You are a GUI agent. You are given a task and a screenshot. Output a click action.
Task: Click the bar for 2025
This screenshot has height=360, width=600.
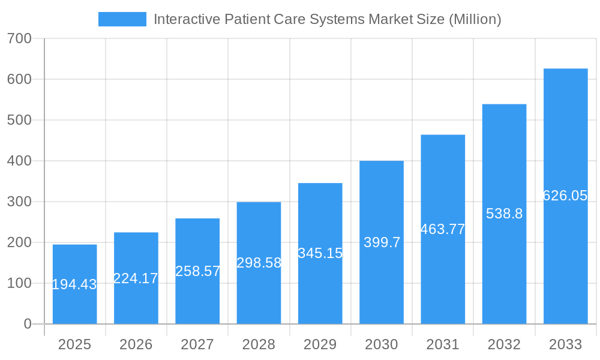coord(74,284)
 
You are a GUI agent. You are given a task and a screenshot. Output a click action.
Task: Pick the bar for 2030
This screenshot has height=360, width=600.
coord(382,242)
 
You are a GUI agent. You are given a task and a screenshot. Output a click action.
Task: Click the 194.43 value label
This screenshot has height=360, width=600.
coord(74,285)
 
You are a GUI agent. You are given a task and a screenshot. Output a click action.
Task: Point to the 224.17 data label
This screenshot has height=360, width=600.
coord(136,278)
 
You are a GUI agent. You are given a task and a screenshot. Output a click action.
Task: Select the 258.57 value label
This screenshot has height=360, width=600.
coord(197,271)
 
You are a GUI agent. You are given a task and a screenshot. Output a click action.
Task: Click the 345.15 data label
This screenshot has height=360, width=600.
coord(320,253)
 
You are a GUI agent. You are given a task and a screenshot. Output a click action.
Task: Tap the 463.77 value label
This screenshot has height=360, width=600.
coord(443,229)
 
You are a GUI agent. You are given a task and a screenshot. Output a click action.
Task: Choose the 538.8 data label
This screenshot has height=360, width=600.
coord(504,214)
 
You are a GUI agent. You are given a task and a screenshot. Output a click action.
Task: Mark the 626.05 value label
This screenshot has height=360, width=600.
coord(565,196)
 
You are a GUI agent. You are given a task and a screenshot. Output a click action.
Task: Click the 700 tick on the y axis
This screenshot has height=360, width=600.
coord(19,38)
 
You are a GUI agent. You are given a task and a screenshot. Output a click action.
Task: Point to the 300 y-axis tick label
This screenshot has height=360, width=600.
coord(19,202)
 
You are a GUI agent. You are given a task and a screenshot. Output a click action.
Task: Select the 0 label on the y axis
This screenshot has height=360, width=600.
coord(27,324)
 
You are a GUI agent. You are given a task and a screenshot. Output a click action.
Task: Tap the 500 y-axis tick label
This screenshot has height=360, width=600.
coord(19,120)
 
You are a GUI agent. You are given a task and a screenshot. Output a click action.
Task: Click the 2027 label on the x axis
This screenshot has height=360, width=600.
coord(197,344)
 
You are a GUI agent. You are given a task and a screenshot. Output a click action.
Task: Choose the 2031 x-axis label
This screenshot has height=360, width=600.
coord(443,344)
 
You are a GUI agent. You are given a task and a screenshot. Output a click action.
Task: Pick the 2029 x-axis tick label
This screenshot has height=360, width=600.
coord(320,344)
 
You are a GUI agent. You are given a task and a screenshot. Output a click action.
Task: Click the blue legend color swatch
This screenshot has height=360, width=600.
coord(122,19)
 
